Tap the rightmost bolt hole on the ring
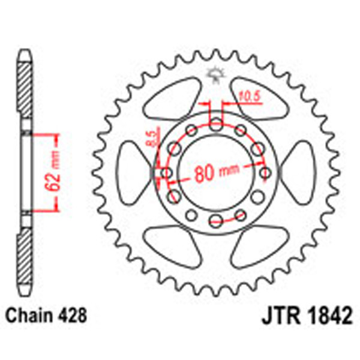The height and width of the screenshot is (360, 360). coord(265,173)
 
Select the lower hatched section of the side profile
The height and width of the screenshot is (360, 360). coord(24,255)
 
